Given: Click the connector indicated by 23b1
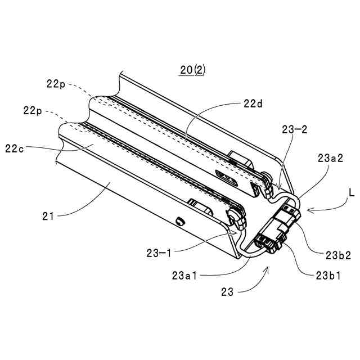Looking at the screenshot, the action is (x=269, y=242).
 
